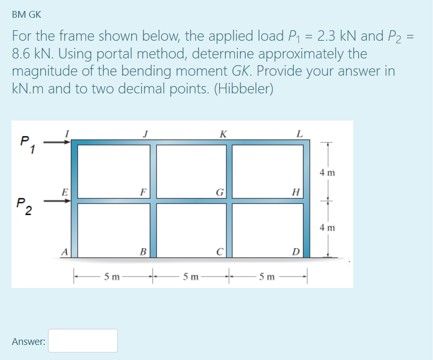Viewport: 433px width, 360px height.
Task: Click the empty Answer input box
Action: [83, 340]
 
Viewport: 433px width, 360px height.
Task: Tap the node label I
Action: [66, 133]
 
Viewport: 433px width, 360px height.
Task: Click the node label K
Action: [223, 133]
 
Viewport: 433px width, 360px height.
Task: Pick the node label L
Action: [299, 133]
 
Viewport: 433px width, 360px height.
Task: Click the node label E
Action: [65, 191]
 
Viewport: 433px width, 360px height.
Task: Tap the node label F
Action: [142, 191]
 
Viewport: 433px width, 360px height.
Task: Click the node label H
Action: [295, 191]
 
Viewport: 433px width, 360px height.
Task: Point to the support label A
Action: [65, 252]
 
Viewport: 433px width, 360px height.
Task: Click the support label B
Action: [142, 252]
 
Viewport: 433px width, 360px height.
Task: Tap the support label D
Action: [295, 252]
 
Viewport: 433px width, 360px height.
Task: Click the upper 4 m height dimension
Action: [328, 172]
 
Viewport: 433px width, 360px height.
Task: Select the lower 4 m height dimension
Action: [328, 227]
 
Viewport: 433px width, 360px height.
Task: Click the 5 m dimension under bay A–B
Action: [112, 276]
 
